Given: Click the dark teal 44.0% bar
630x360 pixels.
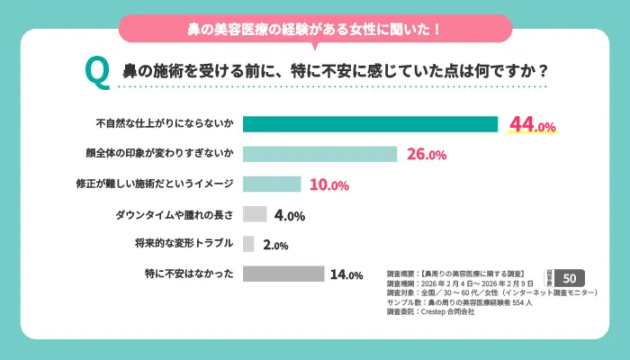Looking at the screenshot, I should [x=370, y=124].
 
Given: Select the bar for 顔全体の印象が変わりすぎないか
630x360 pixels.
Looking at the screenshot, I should [x=319, y=154].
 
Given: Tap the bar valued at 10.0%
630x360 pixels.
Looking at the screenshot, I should [x=272, y=184].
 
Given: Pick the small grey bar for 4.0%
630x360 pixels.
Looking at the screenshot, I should [x=255, y=214].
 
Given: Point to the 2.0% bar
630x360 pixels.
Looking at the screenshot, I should [x=249, y=244].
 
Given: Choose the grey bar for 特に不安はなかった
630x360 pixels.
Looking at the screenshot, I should [x=283, y=274].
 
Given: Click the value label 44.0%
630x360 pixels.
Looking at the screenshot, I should [x=533, y=125].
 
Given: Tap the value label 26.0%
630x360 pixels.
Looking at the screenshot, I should [x=427, y=155].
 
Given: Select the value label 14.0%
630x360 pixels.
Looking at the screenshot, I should [x=346, y=274].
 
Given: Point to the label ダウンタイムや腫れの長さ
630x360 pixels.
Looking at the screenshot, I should [x=175, y=214].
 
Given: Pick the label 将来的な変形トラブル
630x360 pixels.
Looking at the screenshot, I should [x=184, y=244].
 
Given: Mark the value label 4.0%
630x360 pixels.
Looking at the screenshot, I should [x=290, y=215].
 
